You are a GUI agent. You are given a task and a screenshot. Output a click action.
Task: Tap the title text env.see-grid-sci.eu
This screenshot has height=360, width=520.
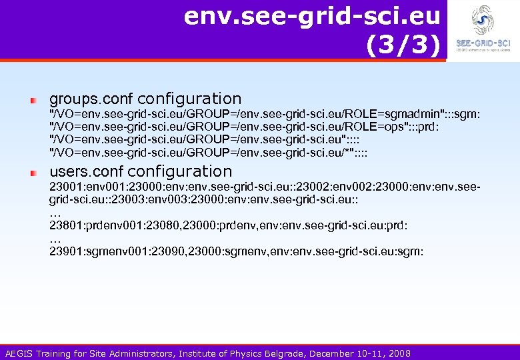click(313, 15)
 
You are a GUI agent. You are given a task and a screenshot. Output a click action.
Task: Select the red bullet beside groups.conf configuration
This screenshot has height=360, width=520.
click(32, 100)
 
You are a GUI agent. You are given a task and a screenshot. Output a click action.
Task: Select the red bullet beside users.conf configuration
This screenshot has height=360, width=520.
click(32, 172)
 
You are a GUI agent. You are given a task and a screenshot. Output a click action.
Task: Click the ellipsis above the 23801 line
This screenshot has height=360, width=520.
click(55, 213)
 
